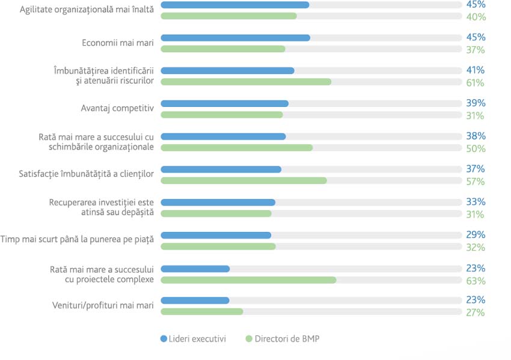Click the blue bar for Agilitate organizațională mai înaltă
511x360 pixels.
235,5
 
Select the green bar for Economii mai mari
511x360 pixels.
223,49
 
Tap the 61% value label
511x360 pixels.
476,82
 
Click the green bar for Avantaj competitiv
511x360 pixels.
222,115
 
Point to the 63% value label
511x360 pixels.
476,280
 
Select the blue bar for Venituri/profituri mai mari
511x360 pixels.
195,301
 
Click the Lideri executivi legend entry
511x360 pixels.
193,339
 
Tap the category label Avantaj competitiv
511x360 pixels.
117,108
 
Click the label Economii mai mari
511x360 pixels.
118,43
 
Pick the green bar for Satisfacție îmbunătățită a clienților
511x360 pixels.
243,180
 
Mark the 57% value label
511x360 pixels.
476,182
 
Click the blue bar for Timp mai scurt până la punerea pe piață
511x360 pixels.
216,235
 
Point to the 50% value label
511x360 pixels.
476,148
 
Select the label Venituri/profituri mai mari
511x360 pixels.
103,305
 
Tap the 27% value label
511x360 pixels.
476,313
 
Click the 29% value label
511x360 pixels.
476,235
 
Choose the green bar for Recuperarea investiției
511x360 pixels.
216,213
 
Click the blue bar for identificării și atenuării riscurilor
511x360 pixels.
227,70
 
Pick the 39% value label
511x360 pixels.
476,103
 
